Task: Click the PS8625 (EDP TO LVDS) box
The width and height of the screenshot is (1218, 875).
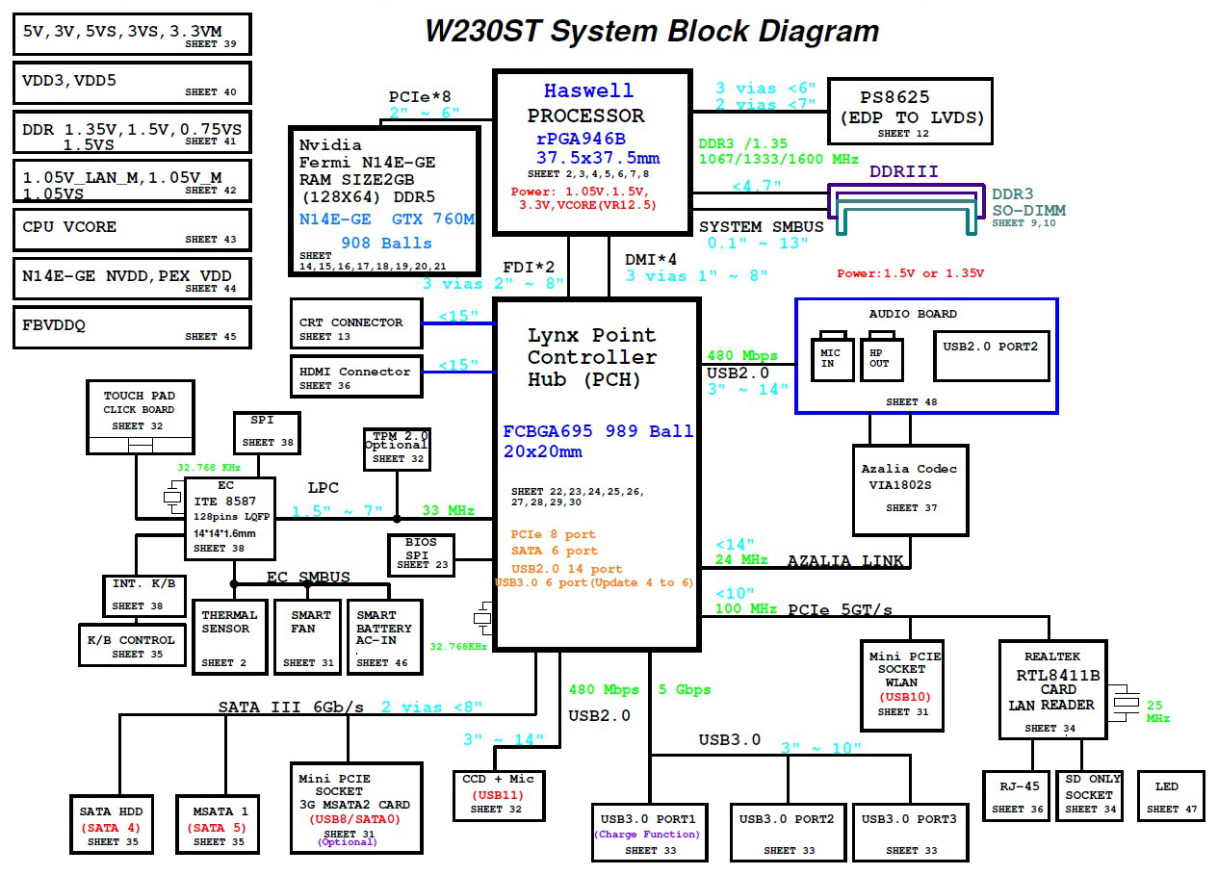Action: tap(910, 112)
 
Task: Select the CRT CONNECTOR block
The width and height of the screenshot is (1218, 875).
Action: tap(356, 323)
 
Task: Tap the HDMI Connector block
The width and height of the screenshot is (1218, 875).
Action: tap(356, 376)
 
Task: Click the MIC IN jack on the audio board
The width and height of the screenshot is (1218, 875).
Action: tap(832, 357)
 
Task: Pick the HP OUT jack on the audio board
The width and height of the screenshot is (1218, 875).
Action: tap(881, 357)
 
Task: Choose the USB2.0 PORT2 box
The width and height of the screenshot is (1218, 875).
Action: tap(992, 356)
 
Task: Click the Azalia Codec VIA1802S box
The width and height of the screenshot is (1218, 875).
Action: tap(911, 491)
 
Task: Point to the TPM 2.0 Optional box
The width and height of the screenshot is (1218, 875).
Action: tap(398, 449)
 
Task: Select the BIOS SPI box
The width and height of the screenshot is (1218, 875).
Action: tap(422, 554)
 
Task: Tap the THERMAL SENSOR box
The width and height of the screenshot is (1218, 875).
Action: tap(230, 637)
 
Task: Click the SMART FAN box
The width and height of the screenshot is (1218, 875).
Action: tap(308, 637)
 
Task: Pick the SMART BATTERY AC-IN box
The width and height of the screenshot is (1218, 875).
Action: tap(385, 637)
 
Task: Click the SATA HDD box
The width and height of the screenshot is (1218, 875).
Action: tap(112, 824)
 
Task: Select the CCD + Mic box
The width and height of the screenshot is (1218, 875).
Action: tap(499, 796)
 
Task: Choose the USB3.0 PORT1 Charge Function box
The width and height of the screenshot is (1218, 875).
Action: tap(650, 833)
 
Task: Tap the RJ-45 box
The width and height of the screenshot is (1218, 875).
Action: tap(1016, 796)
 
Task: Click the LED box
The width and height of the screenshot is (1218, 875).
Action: tap(1171, 796)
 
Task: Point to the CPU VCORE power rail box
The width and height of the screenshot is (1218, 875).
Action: tap(132, 230)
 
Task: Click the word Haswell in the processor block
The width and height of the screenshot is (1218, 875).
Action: tap(589, 90)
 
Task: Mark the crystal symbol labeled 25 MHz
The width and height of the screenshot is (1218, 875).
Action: tap(1126, 703)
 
